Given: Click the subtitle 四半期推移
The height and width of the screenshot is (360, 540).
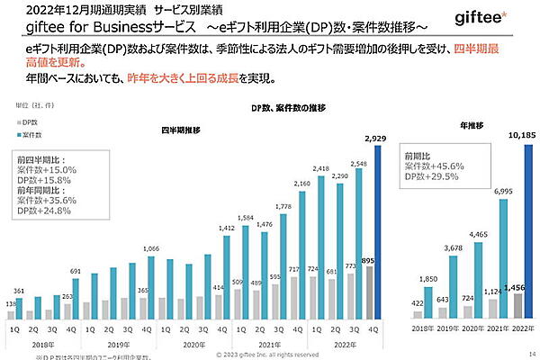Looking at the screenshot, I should coord(180,130).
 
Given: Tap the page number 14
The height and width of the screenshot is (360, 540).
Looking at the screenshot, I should coord(532,355).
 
